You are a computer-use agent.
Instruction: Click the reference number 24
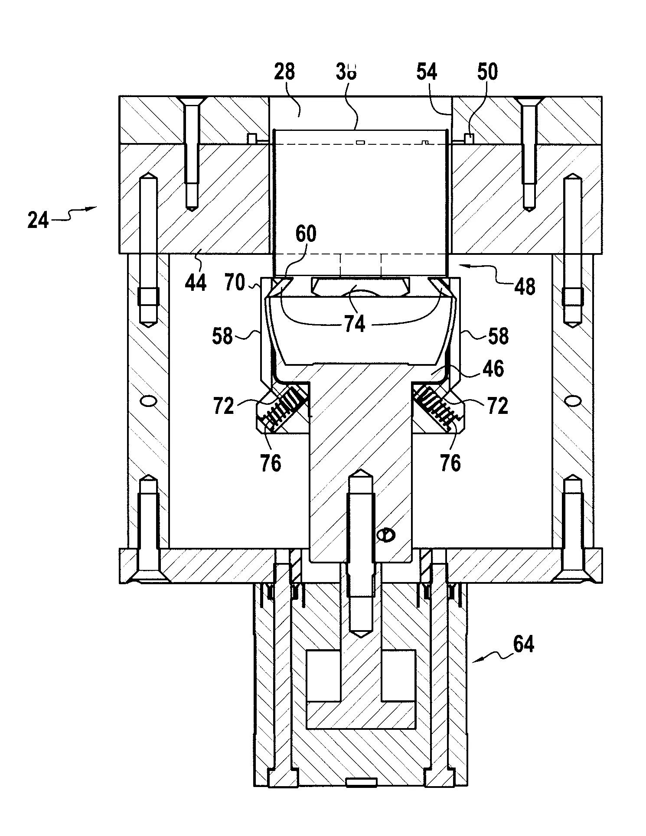click(38, 221)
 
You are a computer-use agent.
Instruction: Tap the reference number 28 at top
click(284, 72)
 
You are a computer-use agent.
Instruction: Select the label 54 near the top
click(427, 72)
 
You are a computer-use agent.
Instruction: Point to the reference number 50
click(487, 72)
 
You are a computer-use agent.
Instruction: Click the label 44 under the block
click(196, 281)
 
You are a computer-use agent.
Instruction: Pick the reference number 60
click(306, 234)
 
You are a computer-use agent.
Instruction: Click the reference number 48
click(525, 286)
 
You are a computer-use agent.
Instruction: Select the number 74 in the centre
click(355, 323)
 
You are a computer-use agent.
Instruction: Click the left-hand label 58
click(222, 336)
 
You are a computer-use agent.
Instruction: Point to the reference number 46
click(493, 369)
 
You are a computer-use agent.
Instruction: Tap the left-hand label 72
click(223, 406)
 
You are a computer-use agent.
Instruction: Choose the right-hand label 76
click(450, 463)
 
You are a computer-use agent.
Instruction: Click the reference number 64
click(523, 644)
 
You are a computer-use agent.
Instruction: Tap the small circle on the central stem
click(385, 535)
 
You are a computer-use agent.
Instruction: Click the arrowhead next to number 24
click(92, 209)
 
